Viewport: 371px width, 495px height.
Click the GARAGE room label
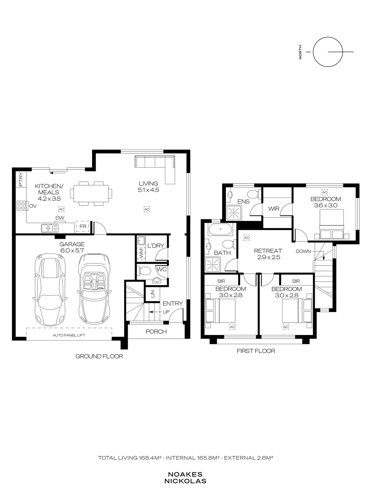click(72, 244)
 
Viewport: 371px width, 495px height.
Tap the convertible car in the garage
click(94, 289)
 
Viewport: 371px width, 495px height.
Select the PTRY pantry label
click(21, 179)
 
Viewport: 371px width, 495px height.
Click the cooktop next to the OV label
click(21, 206)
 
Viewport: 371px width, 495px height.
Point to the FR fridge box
click(83, 227)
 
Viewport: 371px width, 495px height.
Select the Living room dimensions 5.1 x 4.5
click(148, 190)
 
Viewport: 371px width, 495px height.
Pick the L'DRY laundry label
click(156, 246)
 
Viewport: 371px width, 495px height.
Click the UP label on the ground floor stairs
click(166, 312)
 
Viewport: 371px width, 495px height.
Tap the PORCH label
click(156, 332)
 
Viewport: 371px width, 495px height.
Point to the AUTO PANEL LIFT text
click(69, 335)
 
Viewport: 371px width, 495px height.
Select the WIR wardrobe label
click(273, 209)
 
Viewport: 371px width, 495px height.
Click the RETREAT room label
click(268, 251)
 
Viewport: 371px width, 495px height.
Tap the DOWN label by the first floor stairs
click(303, 251)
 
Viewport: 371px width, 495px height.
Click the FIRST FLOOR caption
click(256, 351)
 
